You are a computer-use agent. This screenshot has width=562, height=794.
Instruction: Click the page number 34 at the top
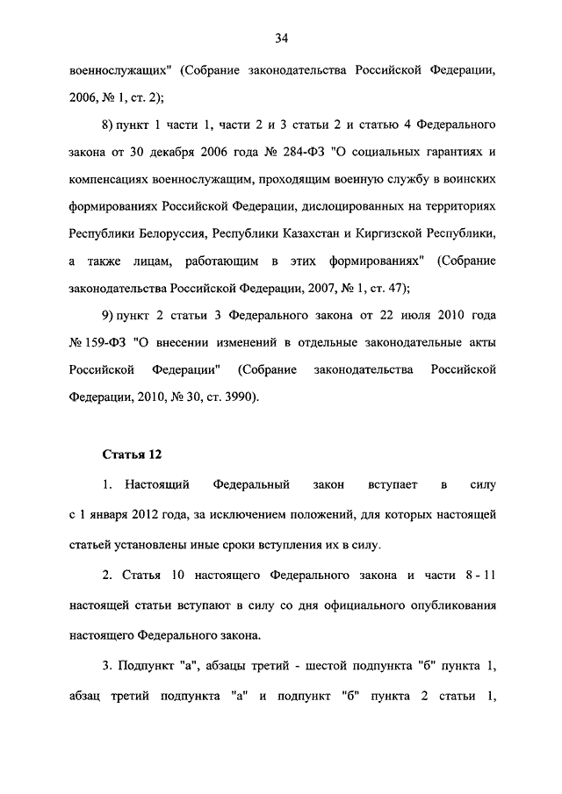[x=281, y=38]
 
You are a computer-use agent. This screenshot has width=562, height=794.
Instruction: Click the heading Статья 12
[x=133, y=454]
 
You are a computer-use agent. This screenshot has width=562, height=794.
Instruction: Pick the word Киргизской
[x=412, y=234]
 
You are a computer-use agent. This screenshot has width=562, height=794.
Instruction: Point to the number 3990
[x=236, y=397]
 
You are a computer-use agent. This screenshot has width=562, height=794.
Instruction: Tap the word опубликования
[x=449, y=604]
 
